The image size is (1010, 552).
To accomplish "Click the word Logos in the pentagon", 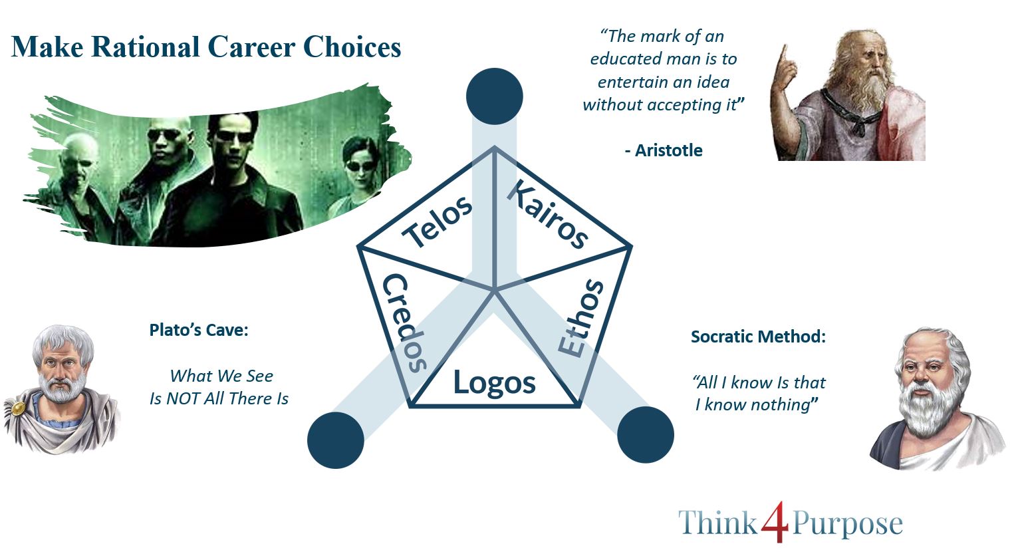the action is [494, 382].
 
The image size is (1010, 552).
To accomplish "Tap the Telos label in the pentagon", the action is [437, 221].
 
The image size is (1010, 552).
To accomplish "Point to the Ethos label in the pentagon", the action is [580, 318].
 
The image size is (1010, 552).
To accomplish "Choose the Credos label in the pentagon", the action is [404, 323].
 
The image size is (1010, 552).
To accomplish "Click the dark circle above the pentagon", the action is [494, 96].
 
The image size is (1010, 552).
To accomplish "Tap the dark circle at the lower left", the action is [336, 440].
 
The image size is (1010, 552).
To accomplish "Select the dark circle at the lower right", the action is [645, 435].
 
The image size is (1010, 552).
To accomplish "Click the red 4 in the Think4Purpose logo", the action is [775, 521].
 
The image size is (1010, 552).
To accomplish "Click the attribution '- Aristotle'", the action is [664, 150].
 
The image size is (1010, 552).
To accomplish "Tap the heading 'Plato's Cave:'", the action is [199, 330].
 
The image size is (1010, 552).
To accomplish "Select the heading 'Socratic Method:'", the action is [759, 337].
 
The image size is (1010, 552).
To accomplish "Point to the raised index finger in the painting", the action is [785, 58].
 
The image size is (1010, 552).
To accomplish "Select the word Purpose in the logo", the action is [848, 523].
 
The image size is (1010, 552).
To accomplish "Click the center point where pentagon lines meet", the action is [494, 291].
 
